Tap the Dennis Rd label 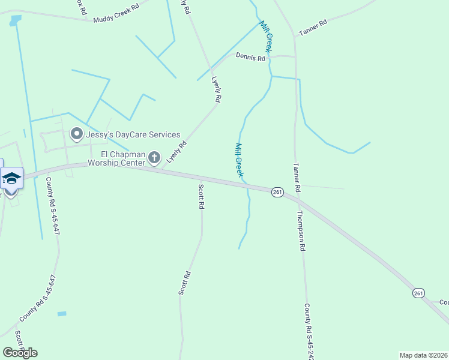tap(250, 58)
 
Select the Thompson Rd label tap(301, 230)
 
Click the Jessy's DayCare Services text tap(133, 134)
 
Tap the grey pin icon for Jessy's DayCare tap(77, 133)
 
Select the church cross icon tap(154, 158)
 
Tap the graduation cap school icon tap(11, 178)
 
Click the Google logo tap(20, 353)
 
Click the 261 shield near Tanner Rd tap(277, 191)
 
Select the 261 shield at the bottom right tap(418, 293)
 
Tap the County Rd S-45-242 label tap(309, 331)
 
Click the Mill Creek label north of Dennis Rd tap(267, 36)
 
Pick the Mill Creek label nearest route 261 tap(239, 160)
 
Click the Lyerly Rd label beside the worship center tap(177, 152)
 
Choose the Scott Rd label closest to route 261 tap(201, 196)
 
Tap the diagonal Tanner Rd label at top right tap(313, 28)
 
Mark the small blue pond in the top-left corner tap(14, 20)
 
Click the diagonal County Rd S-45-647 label tap(37, 298)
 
